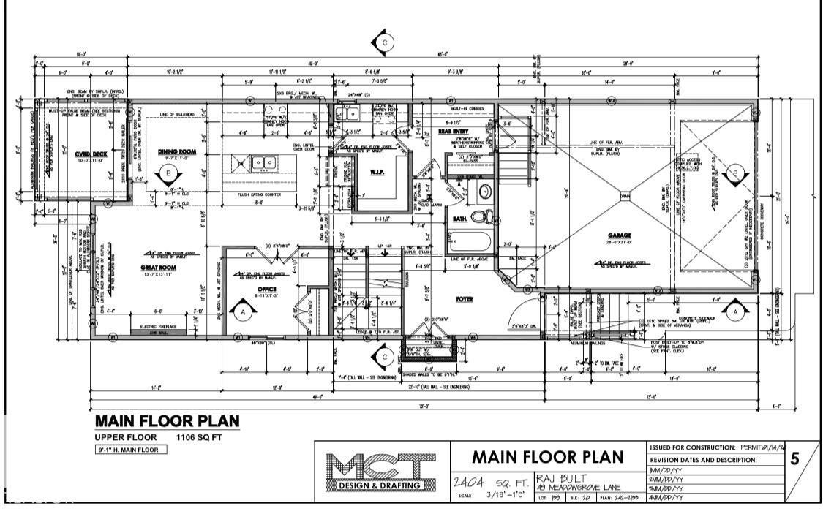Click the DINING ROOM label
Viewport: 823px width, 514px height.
(x=173, y=151)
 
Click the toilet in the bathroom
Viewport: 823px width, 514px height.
(x=480, y=216)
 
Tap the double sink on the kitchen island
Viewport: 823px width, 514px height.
(x=260, y=162)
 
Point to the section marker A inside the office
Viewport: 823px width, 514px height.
(x=245, y=311)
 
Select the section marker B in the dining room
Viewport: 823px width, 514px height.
(x=170, y=174)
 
